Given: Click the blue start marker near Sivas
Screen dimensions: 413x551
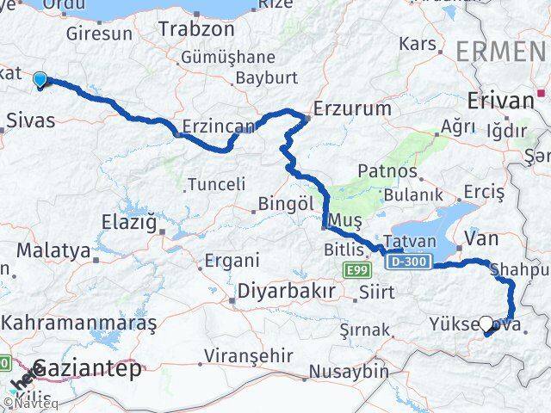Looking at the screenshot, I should [x=40, y=80].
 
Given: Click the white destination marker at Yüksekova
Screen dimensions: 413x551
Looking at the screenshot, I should [x=486, y=324].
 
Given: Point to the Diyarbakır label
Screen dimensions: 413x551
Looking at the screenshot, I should [x=287, y=291].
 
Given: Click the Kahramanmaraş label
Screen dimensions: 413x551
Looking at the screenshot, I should [x=79, y=324].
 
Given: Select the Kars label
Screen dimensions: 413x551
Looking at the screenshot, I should [x=418, y=42].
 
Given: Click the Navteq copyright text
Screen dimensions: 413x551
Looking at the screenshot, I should [x=30, y=402].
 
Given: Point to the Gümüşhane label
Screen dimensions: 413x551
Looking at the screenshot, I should [x=226, y=59].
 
